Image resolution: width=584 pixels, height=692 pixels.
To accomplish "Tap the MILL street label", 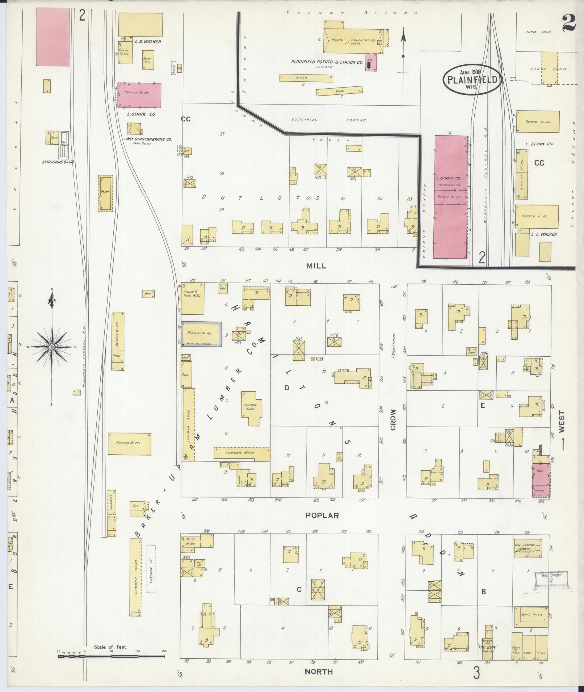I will coord(316,266).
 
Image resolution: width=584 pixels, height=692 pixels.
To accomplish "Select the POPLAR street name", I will coord(322,515).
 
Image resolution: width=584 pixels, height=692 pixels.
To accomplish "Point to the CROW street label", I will coord(393,420).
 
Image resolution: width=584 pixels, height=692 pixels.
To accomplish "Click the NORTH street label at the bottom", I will coord(318,672).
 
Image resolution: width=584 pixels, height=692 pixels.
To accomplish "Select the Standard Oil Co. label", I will coord(58,162).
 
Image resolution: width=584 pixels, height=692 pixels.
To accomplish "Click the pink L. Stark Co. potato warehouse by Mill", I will coord(451,197).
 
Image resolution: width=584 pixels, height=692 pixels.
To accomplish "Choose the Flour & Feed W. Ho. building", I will coord(192,298).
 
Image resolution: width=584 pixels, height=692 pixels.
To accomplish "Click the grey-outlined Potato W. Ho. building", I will coord(201,334).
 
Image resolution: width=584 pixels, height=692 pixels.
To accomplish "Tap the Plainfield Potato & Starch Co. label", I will coord(327,62).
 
